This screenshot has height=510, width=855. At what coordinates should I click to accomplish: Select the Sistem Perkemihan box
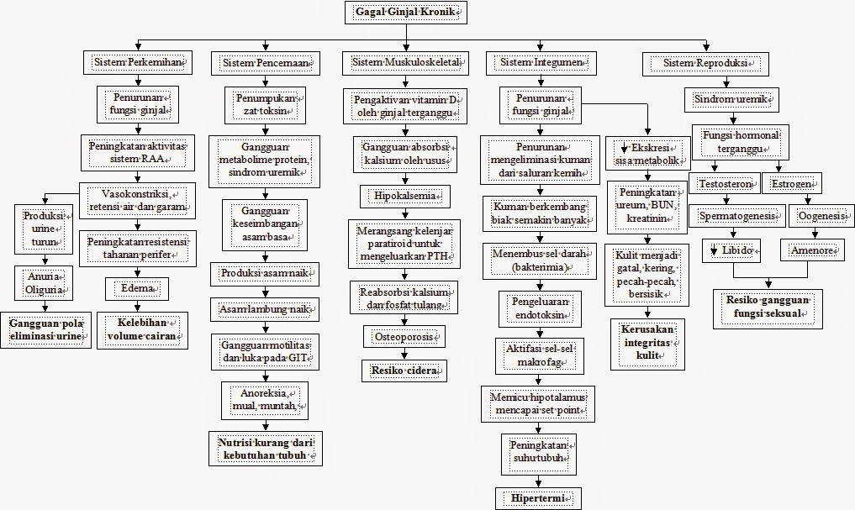(x=138, y=63)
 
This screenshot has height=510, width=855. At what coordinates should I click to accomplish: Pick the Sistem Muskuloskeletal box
(x=404, y=63)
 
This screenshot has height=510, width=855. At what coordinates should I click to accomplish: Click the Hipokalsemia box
(x=404, y=197)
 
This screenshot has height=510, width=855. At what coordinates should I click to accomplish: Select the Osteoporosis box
(x=404, y=337)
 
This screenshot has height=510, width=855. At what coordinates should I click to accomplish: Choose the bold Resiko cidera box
(x=404, y=369)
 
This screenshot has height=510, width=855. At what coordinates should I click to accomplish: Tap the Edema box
(x=138, y=289)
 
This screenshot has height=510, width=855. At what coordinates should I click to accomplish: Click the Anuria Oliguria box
(x=44, y=281)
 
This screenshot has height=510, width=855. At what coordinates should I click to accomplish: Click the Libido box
(x=731, y=250)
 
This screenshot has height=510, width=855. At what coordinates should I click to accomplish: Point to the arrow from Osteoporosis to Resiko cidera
(x=404, y=354)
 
